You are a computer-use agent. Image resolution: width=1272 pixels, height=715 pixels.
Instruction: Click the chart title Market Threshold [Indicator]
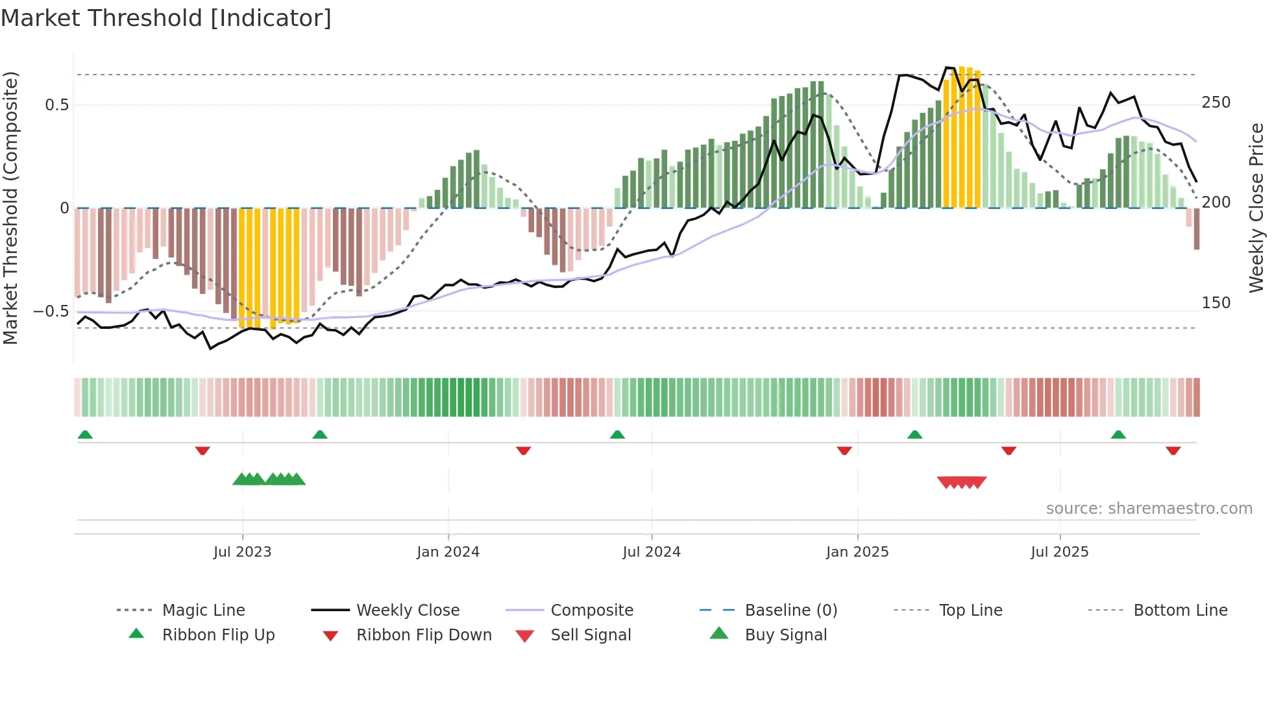(166, 18)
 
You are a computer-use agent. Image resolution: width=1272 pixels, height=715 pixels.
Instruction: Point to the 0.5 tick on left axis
(56, 105)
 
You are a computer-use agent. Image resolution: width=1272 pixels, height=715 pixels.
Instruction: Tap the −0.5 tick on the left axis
(51, 311)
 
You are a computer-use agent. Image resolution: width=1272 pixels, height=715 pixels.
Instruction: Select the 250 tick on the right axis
(1216, 103)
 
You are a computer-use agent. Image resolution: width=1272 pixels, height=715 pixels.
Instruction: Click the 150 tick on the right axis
(1216, 303)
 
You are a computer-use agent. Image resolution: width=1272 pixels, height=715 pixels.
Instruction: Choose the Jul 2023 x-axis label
(242, 552)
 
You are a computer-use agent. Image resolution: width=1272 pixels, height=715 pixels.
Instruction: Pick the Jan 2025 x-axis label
(857, 552)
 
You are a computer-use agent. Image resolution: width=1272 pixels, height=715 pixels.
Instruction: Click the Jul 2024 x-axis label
(651, 552)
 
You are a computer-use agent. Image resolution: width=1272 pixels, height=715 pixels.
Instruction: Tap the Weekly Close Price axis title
(1256, 208)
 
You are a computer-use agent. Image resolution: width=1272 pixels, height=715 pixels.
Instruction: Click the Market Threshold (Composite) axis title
(10, 208)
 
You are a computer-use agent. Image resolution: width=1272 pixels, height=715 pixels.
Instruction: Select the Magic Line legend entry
(203, 611)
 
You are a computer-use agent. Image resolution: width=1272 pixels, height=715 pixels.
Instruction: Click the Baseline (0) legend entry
(790, 611)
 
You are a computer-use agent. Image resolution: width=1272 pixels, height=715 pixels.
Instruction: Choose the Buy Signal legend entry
(785, 635)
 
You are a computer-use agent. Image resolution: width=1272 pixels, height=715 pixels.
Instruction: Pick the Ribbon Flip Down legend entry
(423, 635)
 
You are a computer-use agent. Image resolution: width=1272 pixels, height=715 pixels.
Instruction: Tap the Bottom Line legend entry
(1180, 611)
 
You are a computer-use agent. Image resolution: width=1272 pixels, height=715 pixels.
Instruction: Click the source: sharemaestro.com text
(1149, 509)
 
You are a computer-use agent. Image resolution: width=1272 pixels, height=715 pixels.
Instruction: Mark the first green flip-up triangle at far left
(85, 435)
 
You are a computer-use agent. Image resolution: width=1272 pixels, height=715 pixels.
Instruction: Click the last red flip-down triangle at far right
(1173, 450)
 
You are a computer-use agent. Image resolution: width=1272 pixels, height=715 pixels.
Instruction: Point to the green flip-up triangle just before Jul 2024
(617, 435)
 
